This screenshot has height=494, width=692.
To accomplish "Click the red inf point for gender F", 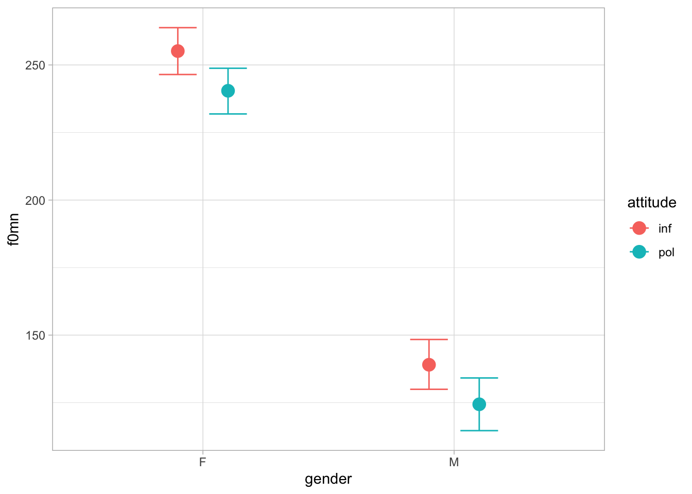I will (178, 51).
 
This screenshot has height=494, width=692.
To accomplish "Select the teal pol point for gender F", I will (228, 91).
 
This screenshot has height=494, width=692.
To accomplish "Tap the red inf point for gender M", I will (429, 365).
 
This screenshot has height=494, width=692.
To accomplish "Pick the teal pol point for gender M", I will (479, 404).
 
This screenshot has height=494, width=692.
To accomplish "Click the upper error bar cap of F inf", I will (178, 27).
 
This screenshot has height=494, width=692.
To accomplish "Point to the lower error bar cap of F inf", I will (178, 75).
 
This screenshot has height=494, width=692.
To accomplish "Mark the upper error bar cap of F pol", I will (228, 68).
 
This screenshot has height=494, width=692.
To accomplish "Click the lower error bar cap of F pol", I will (228, 114).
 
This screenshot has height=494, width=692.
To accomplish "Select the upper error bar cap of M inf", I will (429, 340).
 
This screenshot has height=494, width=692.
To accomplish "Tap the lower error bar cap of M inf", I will (429, 390).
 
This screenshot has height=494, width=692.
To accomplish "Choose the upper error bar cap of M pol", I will (479, 378).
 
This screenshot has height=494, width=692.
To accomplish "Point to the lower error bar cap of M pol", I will (479, 430).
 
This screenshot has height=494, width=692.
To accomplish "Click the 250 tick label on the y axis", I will (36, 65).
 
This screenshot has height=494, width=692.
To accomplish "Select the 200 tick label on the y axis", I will (36, 200).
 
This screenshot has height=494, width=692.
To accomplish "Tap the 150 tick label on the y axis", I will (36, 336).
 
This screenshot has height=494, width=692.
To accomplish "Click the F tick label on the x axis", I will (203, 462).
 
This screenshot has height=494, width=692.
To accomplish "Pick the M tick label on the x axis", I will (454, 462).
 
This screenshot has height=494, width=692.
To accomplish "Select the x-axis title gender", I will (328, 480).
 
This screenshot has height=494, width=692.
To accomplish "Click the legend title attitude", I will (651, 203).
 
